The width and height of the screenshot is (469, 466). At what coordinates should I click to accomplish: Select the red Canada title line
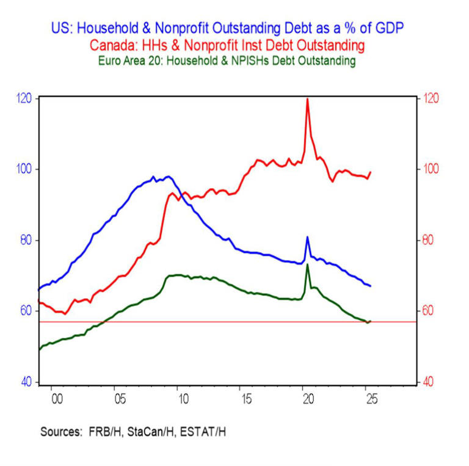click(x=235, y=45)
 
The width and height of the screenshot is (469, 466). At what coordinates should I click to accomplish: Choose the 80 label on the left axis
click(x=26, y=240)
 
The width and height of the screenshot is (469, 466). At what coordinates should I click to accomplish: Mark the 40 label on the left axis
click(x=26, y=382)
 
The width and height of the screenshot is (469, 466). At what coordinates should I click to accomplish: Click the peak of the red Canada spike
click(x=307, y=98)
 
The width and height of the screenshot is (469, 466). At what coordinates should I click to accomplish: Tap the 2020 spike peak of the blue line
click(x=307, y=237)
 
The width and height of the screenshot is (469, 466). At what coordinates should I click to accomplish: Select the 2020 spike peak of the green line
click(x=307, y=264)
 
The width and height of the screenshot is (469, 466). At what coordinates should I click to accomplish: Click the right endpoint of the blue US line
click(x=371, y=286)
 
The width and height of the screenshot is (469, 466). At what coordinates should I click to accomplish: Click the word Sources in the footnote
click(x=61, y=431)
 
